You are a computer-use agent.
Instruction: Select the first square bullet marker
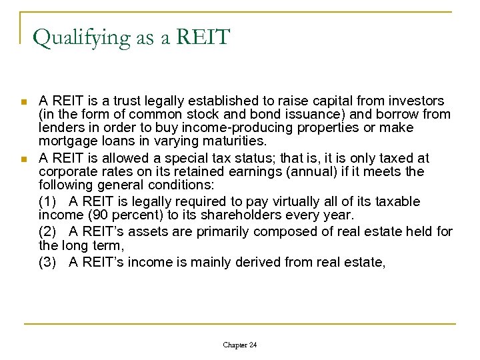[24, 102]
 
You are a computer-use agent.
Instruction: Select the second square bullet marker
[24, 159]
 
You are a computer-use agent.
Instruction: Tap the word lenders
[59, 127]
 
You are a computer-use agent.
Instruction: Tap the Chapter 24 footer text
[239, 345]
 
